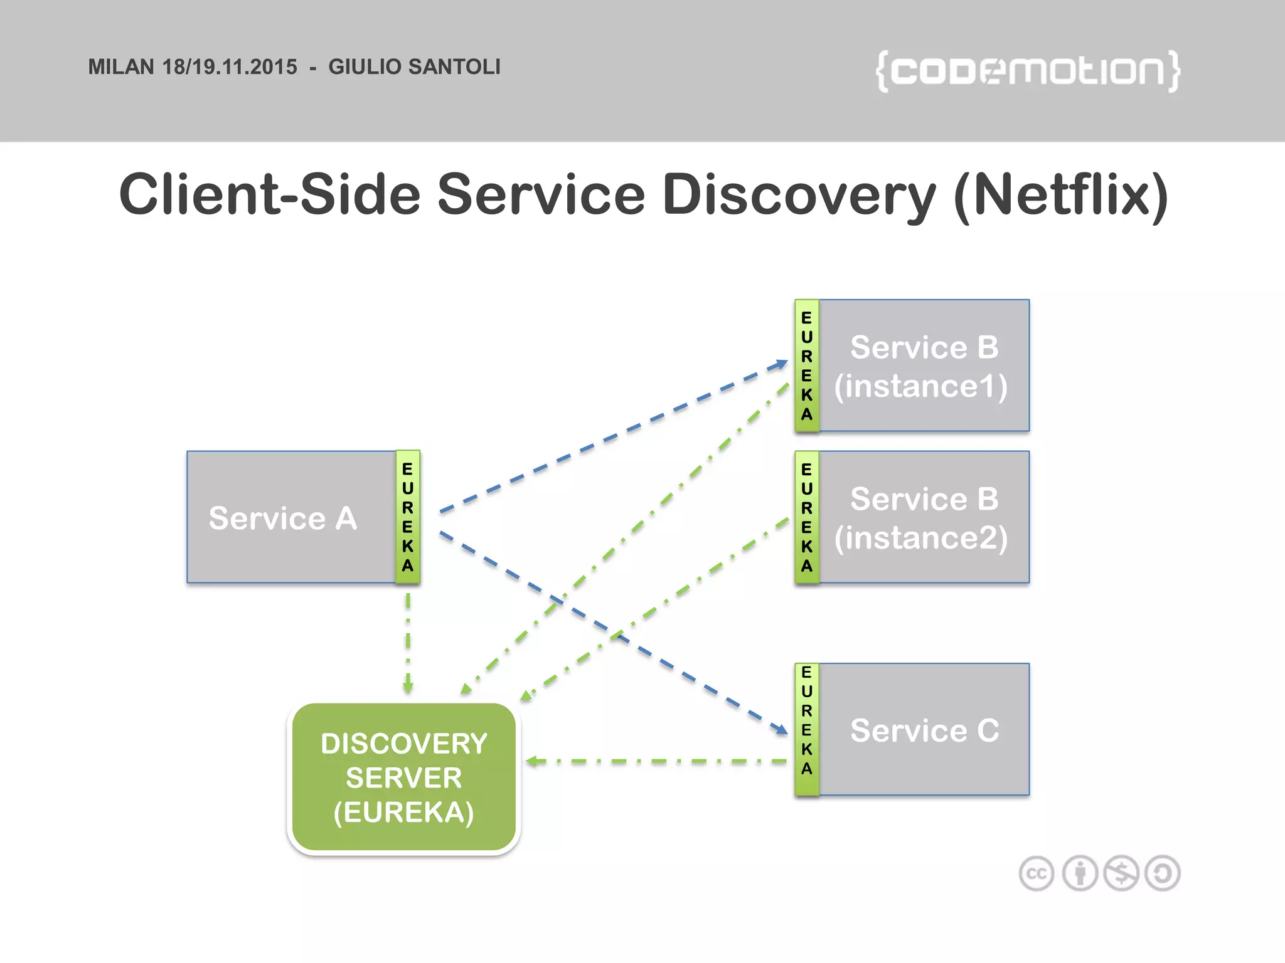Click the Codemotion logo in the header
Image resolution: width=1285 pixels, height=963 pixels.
click(1028, 71)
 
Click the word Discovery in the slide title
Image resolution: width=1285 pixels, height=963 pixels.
click(799, 195)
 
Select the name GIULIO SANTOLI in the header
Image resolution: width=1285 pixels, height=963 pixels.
click(414, 67)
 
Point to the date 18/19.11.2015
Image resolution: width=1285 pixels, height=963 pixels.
click(230, 67)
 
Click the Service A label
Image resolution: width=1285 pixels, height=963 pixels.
click(283, 518)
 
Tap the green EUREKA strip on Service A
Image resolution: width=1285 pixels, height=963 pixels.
click(408, 517)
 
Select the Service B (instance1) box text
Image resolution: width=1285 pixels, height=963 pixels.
click(923, 366)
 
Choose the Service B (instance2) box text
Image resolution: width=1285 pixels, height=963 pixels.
click(923, 518)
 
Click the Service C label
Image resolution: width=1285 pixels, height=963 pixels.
click(924, 730)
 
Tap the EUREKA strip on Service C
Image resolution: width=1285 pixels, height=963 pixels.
click(807, 730)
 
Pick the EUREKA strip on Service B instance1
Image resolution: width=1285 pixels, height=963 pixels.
click(807, 366)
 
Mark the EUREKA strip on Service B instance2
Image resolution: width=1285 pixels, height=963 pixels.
click(807, 517)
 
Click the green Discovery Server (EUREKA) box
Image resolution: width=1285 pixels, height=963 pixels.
click(403, 777)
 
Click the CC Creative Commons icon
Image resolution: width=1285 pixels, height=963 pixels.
click(1037, 873)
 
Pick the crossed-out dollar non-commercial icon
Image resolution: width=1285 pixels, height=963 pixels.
click(1121, 873)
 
